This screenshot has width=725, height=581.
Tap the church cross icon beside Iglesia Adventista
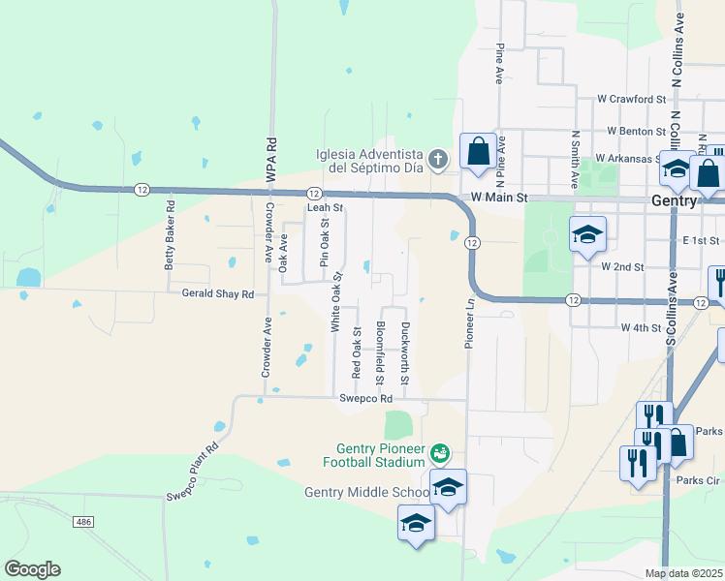[x=438, y=160]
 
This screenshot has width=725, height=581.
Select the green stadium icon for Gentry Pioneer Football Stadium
[x=441, y=451]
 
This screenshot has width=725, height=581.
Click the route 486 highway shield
[x=82, y=521]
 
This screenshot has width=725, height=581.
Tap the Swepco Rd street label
[x=365, y=398]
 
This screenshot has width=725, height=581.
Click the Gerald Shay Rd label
[x=211, y=292]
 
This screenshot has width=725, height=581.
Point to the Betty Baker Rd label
[x=171, y=233]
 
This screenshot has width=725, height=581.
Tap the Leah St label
[x=326, y=207]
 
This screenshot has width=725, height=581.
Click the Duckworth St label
[x=406, y=352]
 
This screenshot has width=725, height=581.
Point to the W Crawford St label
[x=632, y=99]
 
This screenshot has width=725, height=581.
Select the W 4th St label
[x=641, y=328]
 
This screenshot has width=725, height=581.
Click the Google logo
[x=33, y=569]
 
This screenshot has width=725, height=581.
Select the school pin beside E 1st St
[x=587, y=235]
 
